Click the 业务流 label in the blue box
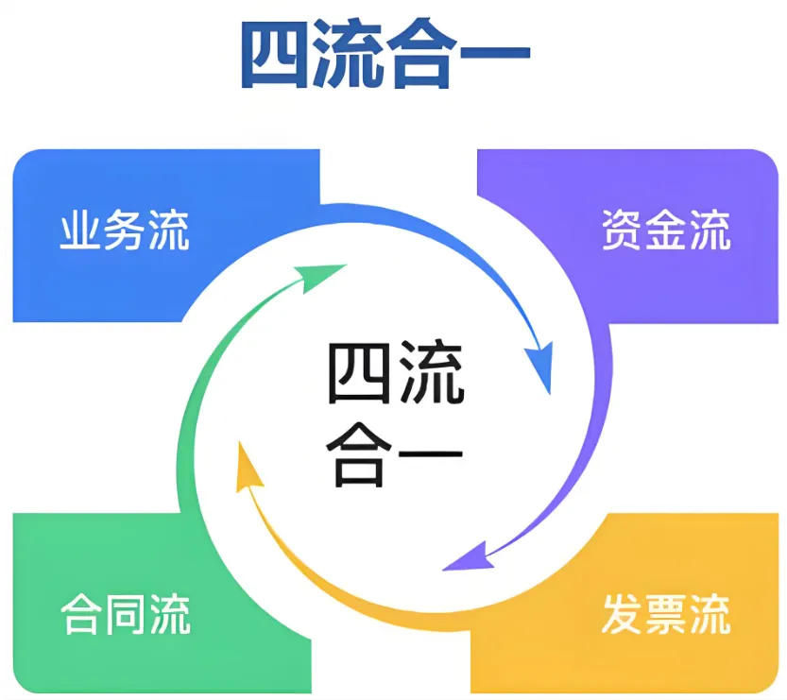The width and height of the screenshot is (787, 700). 124,231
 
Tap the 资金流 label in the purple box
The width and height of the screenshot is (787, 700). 666,230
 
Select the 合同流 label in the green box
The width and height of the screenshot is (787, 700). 125,614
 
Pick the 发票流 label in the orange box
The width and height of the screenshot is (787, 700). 666,614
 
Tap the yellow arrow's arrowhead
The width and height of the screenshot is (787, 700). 248,468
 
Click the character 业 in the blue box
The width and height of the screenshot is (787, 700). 80,231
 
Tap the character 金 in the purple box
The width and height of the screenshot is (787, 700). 666,230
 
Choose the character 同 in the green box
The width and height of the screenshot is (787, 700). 125,614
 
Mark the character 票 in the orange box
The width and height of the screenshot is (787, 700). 666,614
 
